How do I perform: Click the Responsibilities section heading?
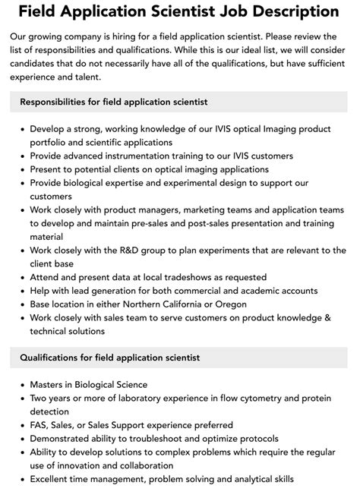[x=114, y=102]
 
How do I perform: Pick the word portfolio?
[x=50, y=142]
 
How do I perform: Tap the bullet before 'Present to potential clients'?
[x=21, y=169]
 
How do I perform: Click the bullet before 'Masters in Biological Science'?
[x=21, y=384]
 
